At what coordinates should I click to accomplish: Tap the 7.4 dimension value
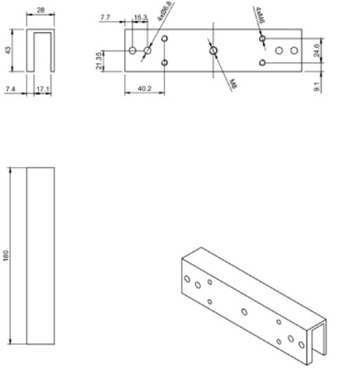10,90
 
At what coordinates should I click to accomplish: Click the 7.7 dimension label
106,16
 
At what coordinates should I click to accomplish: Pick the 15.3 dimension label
140,16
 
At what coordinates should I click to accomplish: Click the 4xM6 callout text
258,15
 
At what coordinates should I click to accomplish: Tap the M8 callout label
233,83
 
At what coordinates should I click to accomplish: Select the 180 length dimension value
7,256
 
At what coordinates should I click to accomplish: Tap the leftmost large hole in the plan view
133,51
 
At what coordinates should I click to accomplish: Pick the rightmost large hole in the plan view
294,51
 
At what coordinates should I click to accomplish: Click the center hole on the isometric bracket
244,311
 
